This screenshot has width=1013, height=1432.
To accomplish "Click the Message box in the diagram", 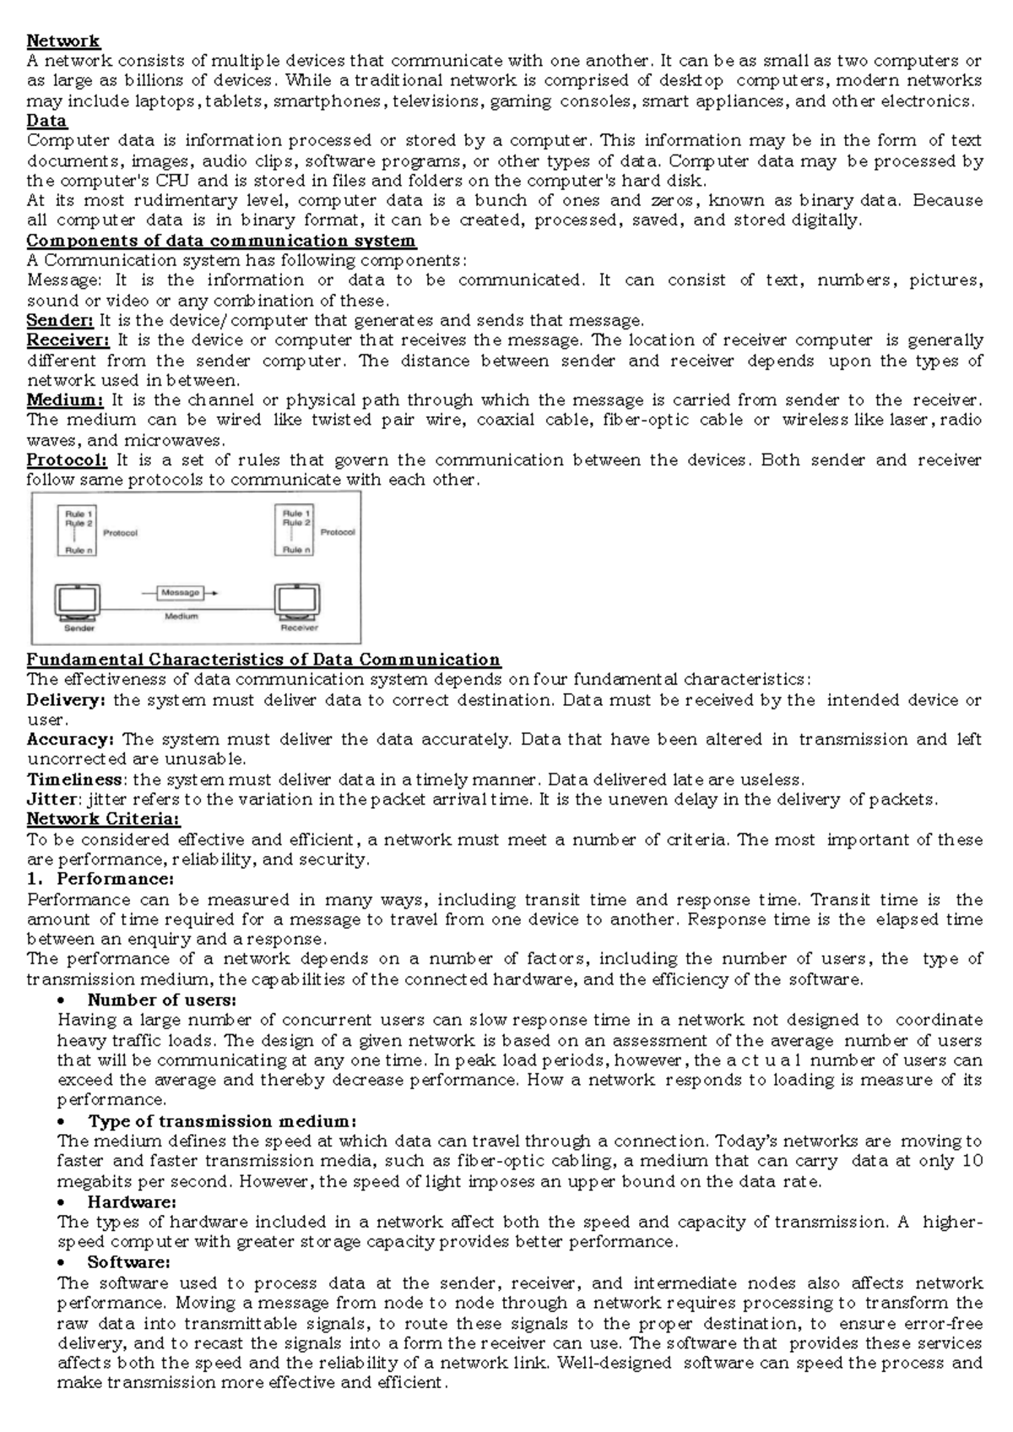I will pos(181,593).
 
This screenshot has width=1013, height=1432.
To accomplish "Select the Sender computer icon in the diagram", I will pos(79,601).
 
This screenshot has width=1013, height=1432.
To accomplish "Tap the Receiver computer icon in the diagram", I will pos(298,601).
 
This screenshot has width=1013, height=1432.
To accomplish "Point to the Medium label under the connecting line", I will pos(181,616).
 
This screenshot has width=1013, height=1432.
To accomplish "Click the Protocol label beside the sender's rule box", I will pos(120,533).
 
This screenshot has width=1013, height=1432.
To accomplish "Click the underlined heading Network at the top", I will pos(63,41).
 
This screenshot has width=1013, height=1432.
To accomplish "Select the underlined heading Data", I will pos(46,121).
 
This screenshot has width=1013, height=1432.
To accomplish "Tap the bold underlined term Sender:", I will pos(60,320).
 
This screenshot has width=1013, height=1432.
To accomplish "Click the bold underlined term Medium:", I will pos(65,400).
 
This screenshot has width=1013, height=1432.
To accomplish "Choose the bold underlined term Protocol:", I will pos(67,460).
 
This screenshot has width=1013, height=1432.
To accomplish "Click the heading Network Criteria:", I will pos(103,819).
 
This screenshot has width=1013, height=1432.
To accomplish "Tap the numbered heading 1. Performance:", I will pos(101,879).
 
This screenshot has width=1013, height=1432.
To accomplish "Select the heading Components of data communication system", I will pos(221,241).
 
